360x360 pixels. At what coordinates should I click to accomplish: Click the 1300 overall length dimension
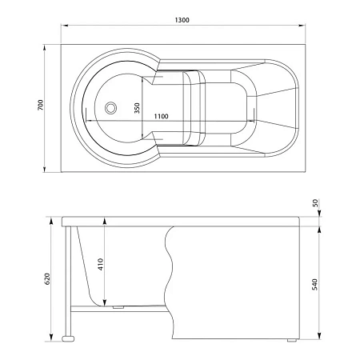(182, 20)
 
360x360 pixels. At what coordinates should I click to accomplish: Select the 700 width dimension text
(40, 105)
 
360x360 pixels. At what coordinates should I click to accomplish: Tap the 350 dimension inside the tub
(137, 108)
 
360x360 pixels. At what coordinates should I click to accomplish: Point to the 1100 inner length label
(161, 116)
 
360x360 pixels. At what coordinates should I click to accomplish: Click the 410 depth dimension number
(101, 264)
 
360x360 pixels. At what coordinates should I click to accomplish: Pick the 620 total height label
(47, 278)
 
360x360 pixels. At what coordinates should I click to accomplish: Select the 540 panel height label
(314, 284)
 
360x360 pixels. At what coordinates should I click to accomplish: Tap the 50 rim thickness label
(315, 203)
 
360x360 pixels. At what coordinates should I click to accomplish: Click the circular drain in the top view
(110, 108)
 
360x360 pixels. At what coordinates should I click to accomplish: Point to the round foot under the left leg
(68, 338)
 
